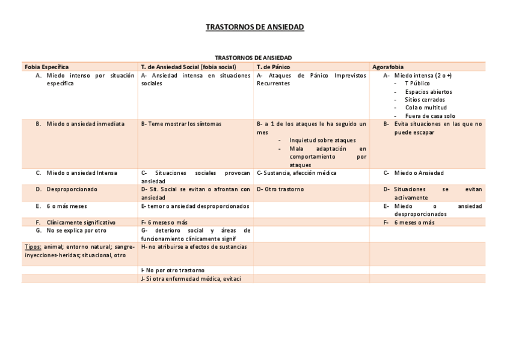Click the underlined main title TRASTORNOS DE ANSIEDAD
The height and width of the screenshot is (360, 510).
pyautogui.click(x=255, y=28)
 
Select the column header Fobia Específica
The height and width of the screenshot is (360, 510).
pyautogui.click(x=46, y=67)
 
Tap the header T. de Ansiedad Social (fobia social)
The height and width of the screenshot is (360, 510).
pyautogui.click(x=188, y=67)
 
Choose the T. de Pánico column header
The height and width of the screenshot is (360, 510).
pyautogui.click(x=274, y=67)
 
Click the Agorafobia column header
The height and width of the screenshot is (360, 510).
pyautogui.click(x=388, y=67)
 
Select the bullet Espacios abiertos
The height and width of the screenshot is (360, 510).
pyautogui.click(x=428, y=92)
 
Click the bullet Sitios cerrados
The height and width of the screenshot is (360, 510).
pyautogui.click(x=425, y=100)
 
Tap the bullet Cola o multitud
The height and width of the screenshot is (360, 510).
pyautogui.click(x=426, y=108)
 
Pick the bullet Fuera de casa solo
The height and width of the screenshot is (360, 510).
pyautogui.click(x=430, y=115)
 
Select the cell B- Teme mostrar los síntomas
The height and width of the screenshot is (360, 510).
pyautogui.click(x=181, y=124)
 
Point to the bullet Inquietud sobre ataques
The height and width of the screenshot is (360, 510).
pyautogui.click(x=322, y=140)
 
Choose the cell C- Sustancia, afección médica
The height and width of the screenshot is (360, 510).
pyautogui.click(x=296, y=173)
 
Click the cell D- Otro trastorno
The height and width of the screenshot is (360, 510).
pyautogui.click(x=280, y=189)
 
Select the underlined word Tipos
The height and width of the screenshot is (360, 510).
pyautogui.click(x=32, y=246)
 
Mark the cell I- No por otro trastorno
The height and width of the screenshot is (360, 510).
pyautogui.click(x=173, y=270)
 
